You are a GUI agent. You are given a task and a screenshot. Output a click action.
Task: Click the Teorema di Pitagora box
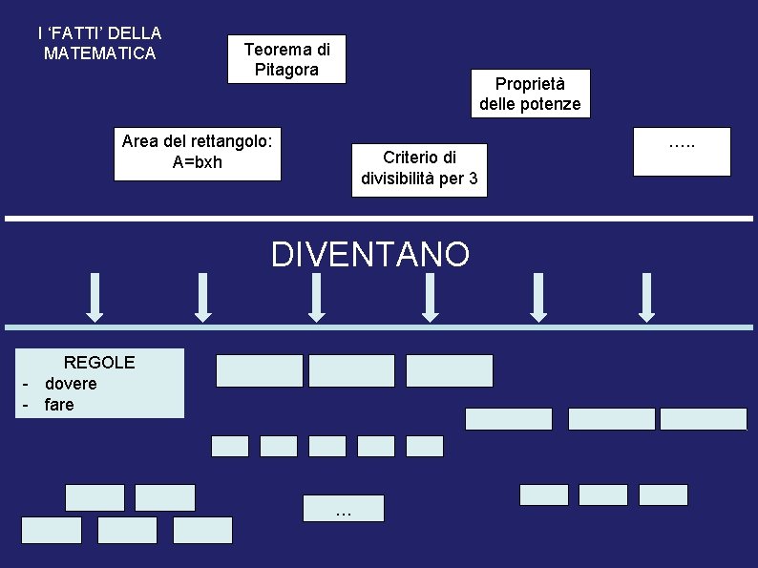pyautogui.click(x=286, y=59)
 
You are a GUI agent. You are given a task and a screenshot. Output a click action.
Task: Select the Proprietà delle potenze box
pyautogui.click(x=530, y=94)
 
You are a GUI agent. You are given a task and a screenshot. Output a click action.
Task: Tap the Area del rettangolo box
pyautogui.click(x=198, y=152)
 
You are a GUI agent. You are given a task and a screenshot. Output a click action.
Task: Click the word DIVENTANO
pyautogui.click(x=370, y=255)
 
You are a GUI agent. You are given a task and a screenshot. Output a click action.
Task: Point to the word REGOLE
pyautogui.click(x=98, y=363)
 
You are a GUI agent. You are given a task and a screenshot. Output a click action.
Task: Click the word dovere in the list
pyautogui.click(x=71, y=384)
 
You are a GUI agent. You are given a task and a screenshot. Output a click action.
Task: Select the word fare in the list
pyautogui.click(x=59, y=405)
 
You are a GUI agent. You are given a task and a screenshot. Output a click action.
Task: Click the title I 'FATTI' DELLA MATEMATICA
pyautogui.click(x=99, y=43)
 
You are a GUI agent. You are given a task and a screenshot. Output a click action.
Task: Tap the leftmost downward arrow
pyautogui.click(x=95, y=297)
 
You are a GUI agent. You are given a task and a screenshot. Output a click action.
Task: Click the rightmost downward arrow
pyautogui.click(x=646, y=297)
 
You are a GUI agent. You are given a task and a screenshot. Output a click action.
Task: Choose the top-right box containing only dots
pyautogui.click(x=682, y=151)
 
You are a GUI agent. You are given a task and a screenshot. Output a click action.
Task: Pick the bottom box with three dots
pyautogui.click(x=344, y=508)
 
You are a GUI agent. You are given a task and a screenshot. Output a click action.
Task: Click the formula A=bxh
pyautogui.click(x=197, y=162)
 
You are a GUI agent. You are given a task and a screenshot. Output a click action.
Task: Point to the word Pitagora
pyautogui.click(x=286, y=70)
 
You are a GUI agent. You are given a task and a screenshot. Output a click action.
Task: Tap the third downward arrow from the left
pyautogui.click(x=317, y=297)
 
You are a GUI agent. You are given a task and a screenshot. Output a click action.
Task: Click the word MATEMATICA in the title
pyautogui.click(x=99, y=53)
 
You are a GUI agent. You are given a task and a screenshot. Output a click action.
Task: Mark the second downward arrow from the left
pyautogui.click(x=202, y=297)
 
